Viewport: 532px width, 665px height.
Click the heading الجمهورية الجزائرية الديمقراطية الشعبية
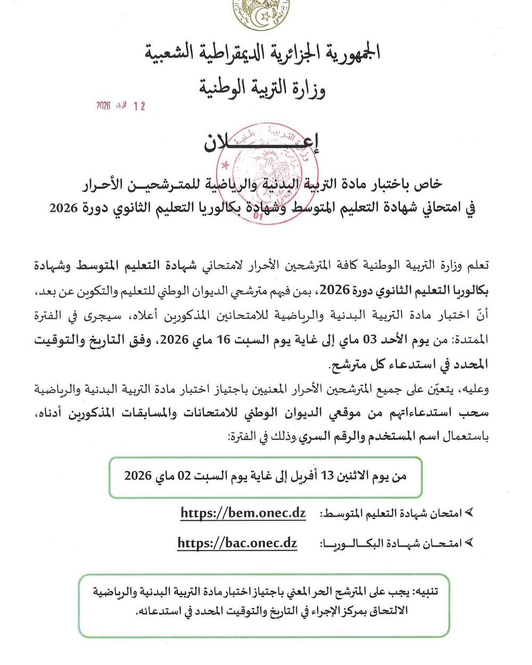coord(262,54)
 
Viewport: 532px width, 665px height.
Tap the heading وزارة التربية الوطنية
coord(262,86)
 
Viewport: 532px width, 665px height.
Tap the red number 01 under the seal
coord(260,217)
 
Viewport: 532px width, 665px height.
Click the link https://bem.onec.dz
coord(243,513)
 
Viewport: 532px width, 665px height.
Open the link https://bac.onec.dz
coord(237,543)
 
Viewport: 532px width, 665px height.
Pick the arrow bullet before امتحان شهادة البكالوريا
coord(469,543)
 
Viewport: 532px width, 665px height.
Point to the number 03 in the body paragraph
coord(369,340)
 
